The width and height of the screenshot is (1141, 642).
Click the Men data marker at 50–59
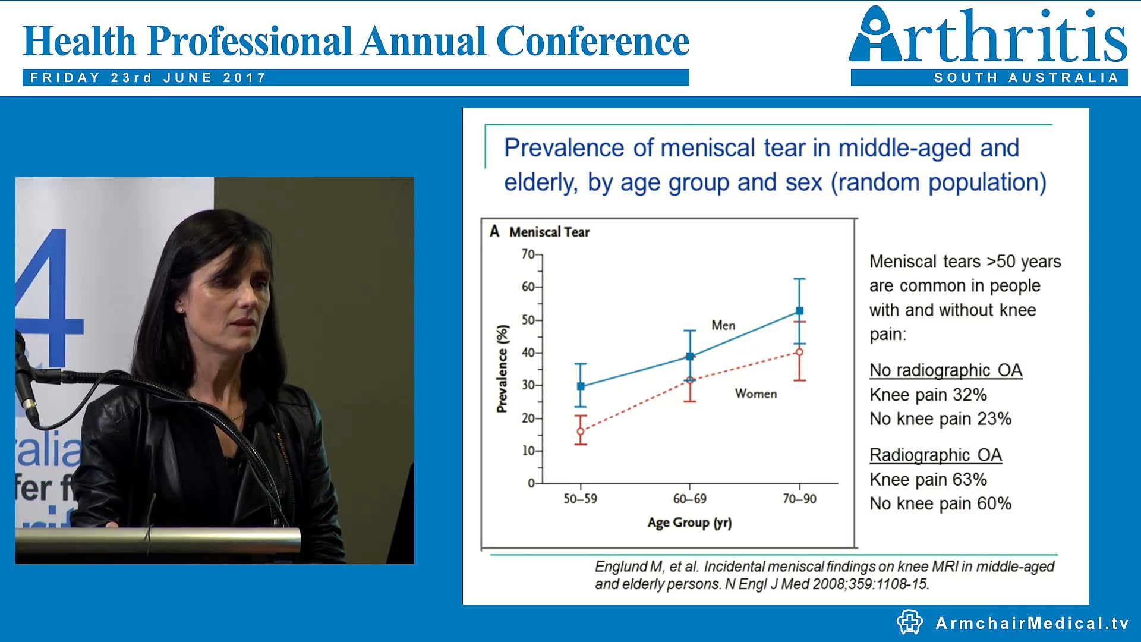click(x=581, y=386)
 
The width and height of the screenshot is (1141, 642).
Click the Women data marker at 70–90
click(x=799, y=352)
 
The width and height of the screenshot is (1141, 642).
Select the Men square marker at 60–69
click(x=690, y=357)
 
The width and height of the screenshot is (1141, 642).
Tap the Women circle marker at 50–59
click(x=581, y=432)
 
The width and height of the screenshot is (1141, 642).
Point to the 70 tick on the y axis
click(x=528, y=254)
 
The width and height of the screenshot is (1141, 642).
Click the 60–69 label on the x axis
click(x=689, y=499)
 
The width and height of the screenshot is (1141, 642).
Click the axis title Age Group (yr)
click(x=689, y=523)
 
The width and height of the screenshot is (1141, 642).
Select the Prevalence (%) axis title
click(x=503, y=369)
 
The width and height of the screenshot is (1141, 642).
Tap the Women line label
click(x=755, y=394)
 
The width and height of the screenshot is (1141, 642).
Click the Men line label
click(x=723, y=325)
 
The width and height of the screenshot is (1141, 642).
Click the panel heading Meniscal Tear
click(x=549, y=232)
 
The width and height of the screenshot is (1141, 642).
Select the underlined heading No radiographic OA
click(x=945, y=370)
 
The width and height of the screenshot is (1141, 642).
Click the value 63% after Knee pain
click(x=969, y=479)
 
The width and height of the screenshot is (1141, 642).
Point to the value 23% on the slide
click(x=994, y=418)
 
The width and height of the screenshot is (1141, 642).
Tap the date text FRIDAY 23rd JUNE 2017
click(x=148, y=78)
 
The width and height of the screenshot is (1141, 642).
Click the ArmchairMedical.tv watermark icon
click(x=909, y=622)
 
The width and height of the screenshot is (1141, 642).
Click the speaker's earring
click(x=180, y=310)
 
